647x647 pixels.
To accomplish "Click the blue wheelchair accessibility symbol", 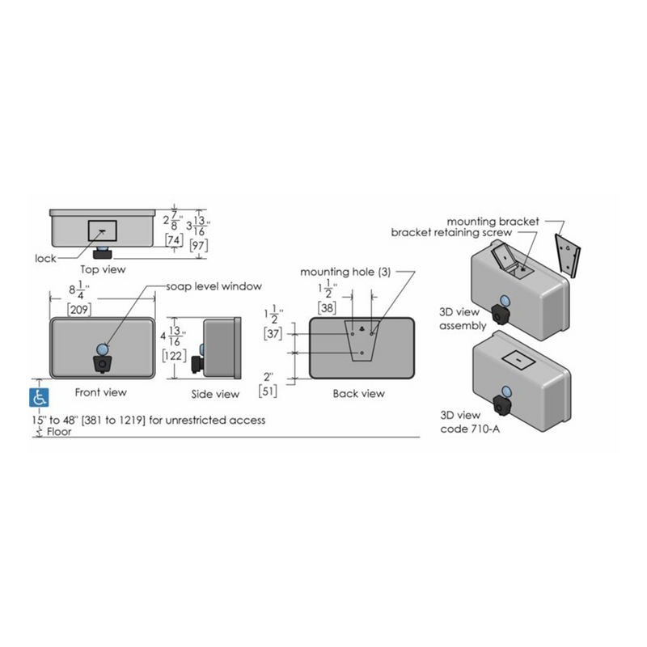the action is coord(39,397).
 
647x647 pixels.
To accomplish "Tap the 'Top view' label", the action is coord(103,269).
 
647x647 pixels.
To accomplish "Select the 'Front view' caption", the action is coord(100,392).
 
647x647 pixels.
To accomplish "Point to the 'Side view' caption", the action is coord(215,394).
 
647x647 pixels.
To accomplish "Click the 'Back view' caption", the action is coord(358,393).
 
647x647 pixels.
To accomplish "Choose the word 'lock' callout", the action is coord(45,258).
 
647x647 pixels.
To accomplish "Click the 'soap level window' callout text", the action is coord(214,286).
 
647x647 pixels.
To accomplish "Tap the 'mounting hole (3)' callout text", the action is coord(345,272).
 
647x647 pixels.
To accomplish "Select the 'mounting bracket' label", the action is coord(493,222).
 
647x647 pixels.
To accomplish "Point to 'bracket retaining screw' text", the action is coord(451,232).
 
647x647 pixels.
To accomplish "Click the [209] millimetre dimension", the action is coord(78,309).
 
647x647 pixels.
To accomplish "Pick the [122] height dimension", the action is coord(174,355).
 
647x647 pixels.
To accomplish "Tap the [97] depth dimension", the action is coord(198,246).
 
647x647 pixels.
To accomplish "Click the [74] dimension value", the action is coord(174,239).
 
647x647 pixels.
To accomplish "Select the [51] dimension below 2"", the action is coord(268,391).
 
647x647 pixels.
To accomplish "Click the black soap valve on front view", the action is coord(102,363).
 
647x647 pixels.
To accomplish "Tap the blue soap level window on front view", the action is coord(102,349).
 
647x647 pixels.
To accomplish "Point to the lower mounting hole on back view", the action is coord(362,353).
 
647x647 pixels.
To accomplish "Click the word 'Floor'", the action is coord(59,432).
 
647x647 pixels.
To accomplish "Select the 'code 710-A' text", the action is coord(470,429).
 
